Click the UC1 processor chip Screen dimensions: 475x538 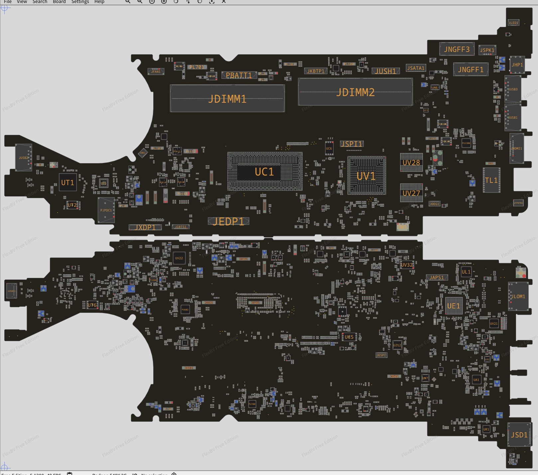pos(265,172)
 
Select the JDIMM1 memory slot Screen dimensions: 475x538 pos(227,99)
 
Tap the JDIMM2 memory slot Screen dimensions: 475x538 pos(355,92)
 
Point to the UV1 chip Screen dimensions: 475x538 pos(366,176)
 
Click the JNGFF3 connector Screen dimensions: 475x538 pos(457,49)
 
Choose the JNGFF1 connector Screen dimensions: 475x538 pos(471,69)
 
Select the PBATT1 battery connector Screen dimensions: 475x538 pos(239,75)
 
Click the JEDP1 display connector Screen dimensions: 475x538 pos(228,221)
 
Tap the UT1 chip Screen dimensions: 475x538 pos(67,182)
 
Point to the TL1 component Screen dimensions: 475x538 pos(491,180)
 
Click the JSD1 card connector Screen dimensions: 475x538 pos(519,435)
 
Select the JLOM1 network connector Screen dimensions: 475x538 pos(518,297)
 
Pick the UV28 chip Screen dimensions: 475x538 pos(411,163)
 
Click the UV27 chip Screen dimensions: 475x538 pos(411,193)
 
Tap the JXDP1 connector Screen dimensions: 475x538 pos(145,227)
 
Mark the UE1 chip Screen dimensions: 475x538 pos(453,306)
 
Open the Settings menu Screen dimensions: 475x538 pos(80,2)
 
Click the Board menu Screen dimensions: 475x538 pos(59,2)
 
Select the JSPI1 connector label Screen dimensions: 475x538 pos(351,144)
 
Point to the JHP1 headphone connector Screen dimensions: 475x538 pos(517,65)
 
